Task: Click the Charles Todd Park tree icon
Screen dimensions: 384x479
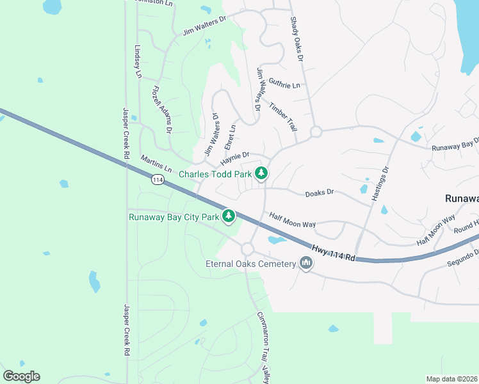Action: (x=261, y=173)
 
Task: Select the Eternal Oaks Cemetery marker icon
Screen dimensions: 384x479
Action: (x=305, y=263)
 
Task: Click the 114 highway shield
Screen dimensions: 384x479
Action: (x=158, y=180)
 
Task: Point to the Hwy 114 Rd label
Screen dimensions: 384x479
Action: (x=333, y=252)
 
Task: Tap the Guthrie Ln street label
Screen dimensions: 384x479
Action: (x=284, y=84)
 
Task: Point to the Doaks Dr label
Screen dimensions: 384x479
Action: (x=320, y=192)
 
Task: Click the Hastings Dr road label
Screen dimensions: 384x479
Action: (x=380, y=184)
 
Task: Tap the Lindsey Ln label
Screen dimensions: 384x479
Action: (x=137, y=61)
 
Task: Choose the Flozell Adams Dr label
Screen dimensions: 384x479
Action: (x=162, y=109)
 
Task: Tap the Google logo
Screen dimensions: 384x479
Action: (x=22, y=376)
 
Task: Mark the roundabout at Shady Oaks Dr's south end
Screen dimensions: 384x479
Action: (x=315, y=132)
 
